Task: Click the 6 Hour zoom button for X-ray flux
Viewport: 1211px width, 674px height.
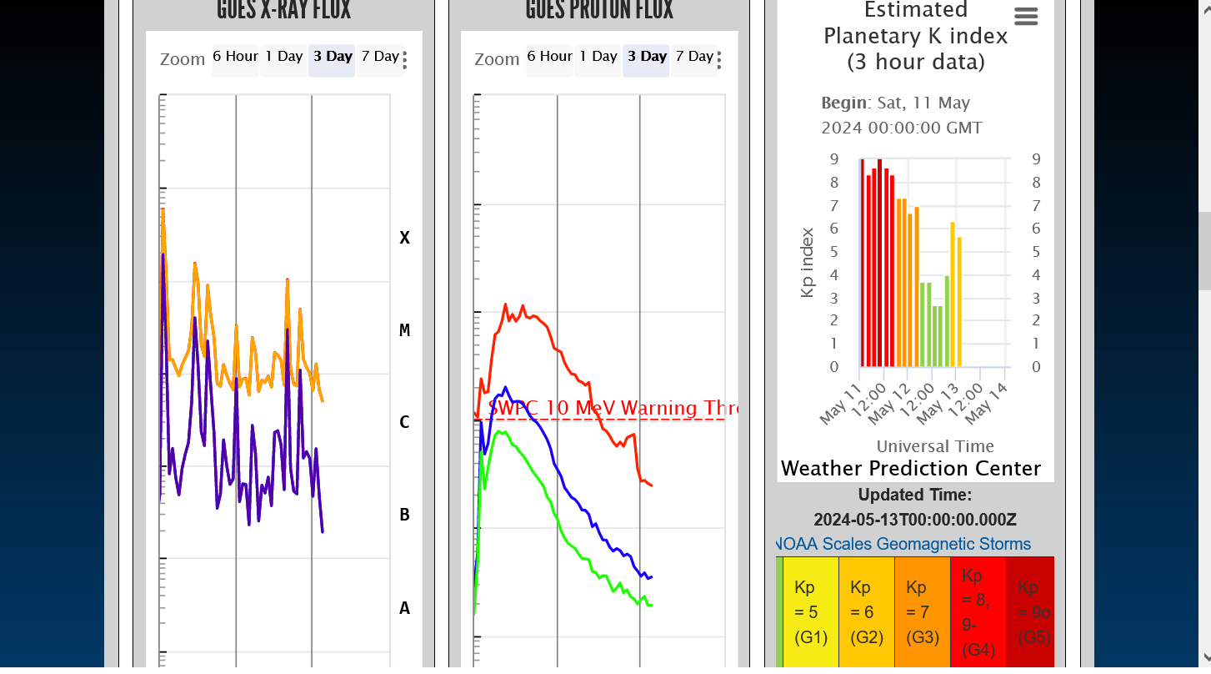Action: click(235, 57)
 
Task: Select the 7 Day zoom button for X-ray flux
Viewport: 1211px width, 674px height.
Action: click(380, 57)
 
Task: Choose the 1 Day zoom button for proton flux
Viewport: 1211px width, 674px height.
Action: click(598, 57)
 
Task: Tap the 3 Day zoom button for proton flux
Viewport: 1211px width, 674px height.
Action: click(647, 57)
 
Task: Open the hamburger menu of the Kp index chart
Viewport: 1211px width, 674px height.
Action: click(1026, 17)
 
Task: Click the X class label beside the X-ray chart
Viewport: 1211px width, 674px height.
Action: click(404, 238)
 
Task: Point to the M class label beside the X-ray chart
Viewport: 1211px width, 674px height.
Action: click(404, 330)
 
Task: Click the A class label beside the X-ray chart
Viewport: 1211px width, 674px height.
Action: click(404, 608)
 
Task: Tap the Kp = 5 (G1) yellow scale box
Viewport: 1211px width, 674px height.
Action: click(810, 612)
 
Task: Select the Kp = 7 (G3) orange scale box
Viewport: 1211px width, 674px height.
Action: click(922, 612)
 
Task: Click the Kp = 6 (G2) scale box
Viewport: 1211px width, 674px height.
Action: click(866, 612)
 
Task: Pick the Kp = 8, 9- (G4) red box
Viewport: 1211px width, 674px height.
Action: click(978, 612)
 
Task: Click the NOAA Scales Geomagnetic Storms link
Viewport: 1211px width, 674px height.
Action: click(903, 545)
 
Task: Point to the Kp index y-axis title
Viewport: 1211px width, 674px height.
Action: click(807, 262)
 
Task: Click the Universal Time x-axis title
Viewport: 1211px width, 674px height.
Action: click(935, 446)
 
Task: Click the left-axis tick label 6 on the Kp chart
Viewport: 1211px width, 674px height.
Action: click(834, 229)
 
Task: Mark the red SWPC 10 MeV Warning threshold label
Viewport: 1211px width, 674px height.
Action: click(613, 409)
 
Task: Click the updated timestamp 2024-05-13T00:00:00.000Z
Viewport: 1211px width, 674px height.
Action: click(915, 520)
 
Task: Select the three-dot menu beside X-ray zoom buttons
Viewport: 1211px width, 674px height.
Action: click(405, 59)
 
